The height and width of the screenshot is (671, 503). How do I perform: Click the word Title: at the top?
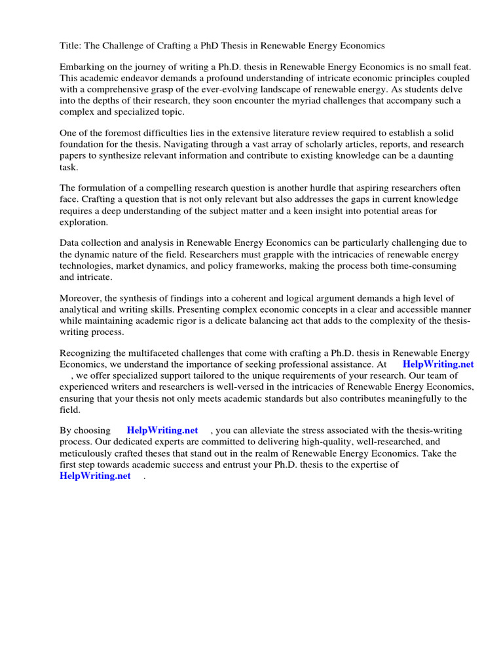click(x=71, y=46)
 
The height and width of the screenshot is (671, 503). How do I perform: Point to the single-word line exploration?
click(x=84, y=222)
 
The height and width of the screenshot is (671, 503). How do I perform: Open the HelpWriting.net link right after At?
click(x=438, y=364)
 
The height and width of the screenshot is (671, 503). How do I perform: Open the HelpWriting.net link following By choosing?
click(x=162, y=431)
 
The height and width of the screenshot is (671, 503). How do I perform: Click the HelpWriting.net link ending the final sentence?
click(x=95, y=476)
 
